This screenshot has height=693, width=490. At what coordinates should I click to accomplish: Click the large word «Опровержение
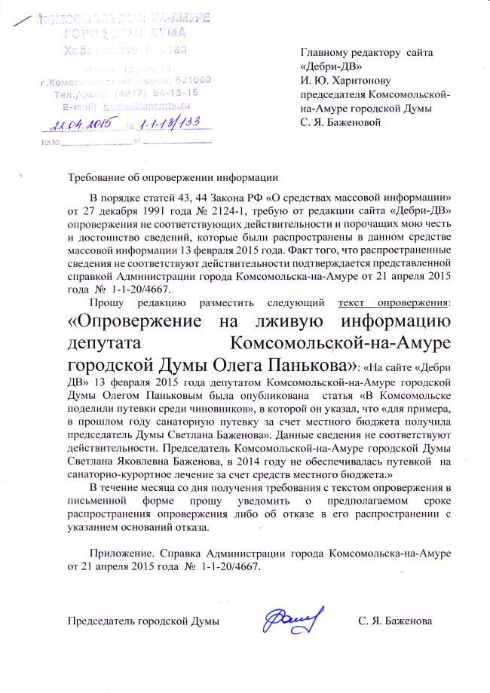[133, 324]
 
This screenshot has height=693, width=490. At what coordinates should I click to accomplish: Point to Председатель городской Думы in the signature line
[144, 622]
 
